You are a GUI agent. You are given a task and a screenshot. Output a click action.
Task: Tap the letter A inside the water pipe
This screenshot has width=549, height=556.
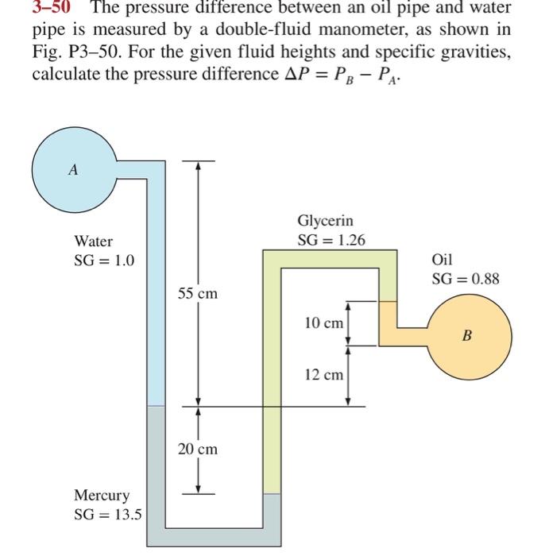coord(73,169)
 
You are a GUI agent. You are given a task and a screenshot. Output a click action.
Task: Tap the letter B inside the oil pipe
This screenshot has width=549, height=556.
coord(466,335)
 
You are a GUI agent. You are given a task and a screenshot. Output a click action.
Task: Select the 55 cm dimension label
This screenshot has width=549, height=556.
coord(197,294)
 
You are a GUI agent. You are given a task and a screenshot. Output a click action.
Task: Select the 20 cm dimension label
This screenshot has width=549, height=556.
coord(197,450)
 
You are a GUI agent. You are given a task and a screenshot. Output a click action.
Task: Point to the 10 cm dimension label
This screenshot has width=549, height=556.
coord(324,323)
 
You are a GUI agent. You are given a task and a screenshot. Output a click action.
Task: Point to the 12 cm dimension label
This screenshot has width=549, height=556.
coord(324,374)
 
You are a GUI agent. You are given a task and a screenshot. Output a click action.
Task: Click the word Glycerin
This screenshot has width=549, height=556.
coord(325,221)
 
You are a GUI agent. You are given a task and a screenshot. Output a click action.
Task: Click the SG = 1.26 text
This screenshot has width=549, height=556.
coord(331,240)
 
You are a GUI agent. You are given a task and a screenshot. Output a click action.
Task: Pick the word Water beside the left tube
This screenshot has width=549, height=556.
coord(94,241)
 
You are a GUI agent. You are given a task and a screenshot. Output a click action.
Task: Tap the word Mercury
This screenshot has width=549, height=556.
coord(101,496)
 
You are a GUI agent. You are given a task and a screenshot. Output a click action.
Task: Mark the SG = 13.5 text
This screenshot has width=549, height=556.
coord(108,514)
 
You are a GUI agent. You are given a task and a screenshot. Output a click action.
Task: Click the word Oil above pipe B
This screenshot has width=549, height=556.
coord(442,260)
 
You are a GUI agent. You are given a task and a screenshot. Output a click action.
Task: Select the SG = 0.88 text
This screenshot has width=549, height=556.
coord(466,279)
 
